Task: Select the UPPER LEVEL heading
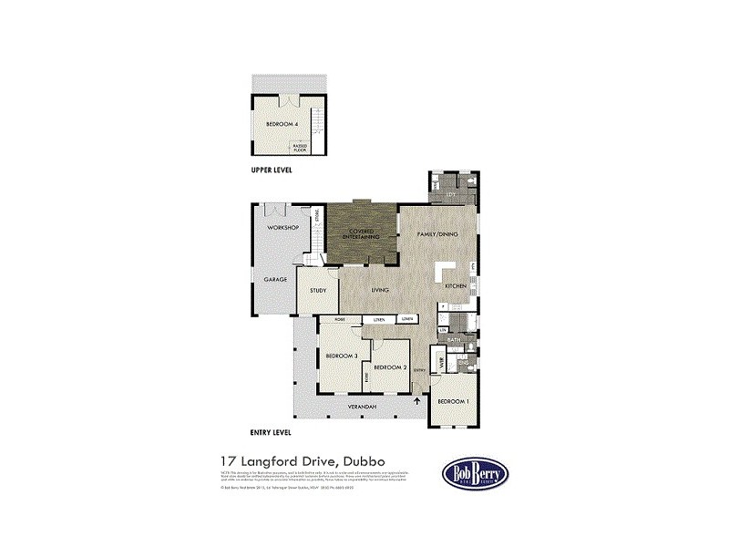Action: point(272,170)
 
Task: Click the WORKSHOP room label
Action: point(282,227)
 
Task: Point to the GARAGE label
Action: point(275,279)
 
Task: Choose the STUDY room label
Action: point(318,291)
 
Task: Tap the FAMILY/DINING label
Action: point(437,234)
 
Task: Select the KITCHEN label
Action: point(456,286)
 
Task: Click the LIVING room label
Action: point(380,290)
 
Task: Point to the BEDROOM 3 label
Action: point(343,356)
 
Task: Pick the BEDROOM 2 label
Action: point(389,367)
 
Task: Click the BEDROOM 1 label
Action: point(453,401)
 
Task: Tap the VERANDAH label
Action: point(364,407)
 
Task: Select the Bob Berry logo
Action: point(476,473)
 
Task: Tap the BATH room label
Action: point(452,339)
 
